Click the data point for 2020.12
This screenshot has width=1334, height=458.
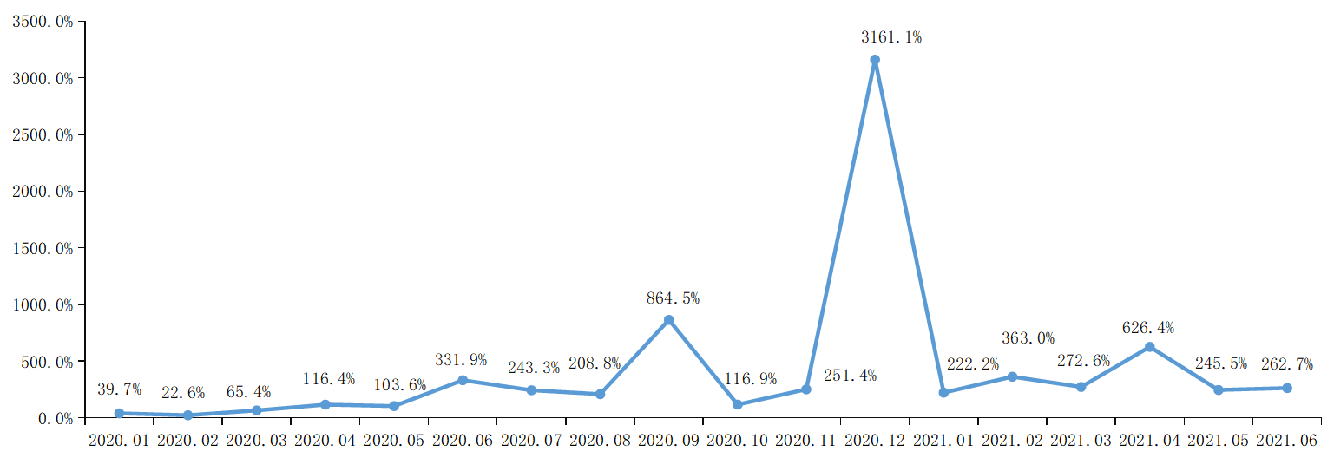(875, 60)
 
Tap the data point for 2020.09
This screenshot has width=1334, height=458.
(668, 320)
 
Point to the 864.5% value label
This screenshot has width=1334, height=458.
(673, 298)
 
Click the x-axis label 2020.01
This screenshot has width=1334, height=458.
(119, 441)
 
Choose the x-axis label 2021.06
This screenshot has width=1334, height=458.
(1287, 441)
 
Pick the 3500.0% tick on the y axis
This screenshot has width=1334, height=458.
(43, 21)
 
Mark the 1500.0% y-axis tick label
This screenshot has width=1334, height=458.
(43, 248)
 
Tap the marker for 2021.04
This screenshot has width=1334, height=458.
(1150, 347)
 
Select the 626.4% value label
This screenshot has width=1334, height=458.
(1148, 328)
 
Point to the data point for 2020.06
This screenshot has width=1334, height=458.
(463, 380)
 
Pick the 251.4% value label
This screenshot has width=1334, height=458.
(850, 376)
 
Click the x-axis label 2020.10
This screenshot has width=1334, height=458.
(738, 441)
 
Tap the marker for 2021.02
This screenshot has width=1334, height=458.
(1012, 376)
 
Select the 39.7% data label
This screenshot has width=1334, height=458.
(119, 389)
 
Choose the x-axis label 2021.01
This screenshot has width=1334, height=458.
(943, 441)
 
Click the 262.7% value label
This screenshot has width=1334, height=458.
(1286, 364)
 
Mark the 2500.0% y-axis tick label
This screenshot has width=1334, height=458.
(43, 134)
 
